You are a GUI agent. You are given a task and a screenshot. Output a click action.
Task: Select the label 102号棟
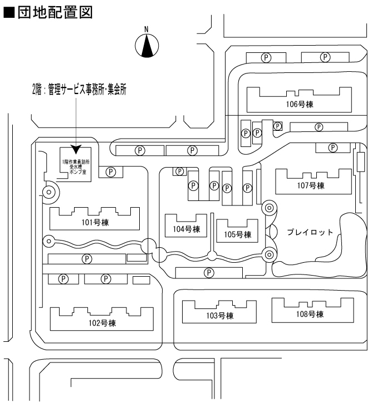tap(101, 323)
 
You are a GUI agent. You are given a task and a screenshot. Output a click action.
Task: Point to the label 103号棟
tap(219, 316)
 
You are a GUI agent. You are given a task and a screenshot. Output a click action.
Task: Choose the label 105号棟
tap(238, 234)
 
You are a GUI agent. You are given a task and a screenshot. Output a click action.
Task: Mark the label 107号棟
tap(310, 186)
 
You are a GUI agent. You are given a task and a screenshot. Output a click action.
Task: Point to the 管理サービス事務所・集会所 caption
tap(80, 89)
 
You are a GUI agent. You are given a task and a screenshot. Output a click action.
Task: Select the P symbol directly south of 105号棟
tap(209, 272)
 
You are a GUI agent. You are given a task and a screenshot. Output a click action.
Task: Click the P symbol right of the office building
tap(111, 172)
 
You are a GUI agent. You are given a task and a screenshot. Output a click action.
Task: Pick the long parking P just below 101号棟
tap(87, 258)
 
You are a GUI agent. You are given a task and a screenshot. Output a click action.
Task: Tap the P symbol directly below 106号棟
tap(319, 127)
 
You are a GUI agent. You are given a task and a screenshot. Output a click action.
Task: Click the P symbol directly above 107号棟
tap(333, 147)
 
